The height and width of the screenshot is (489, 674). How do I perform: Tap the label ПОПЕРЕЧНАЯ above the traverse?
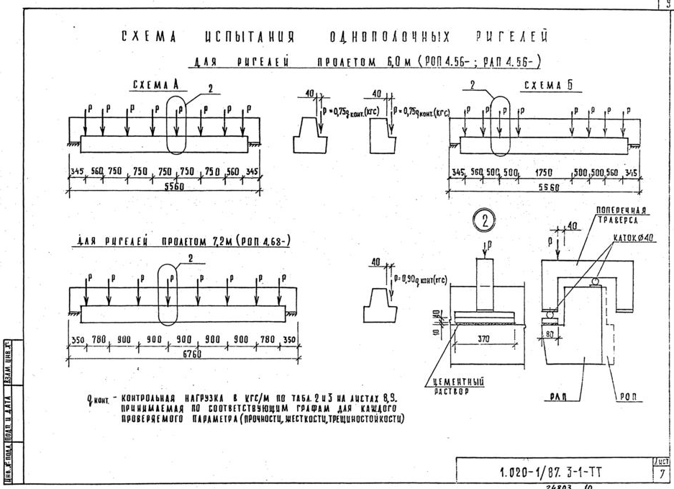621,210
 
